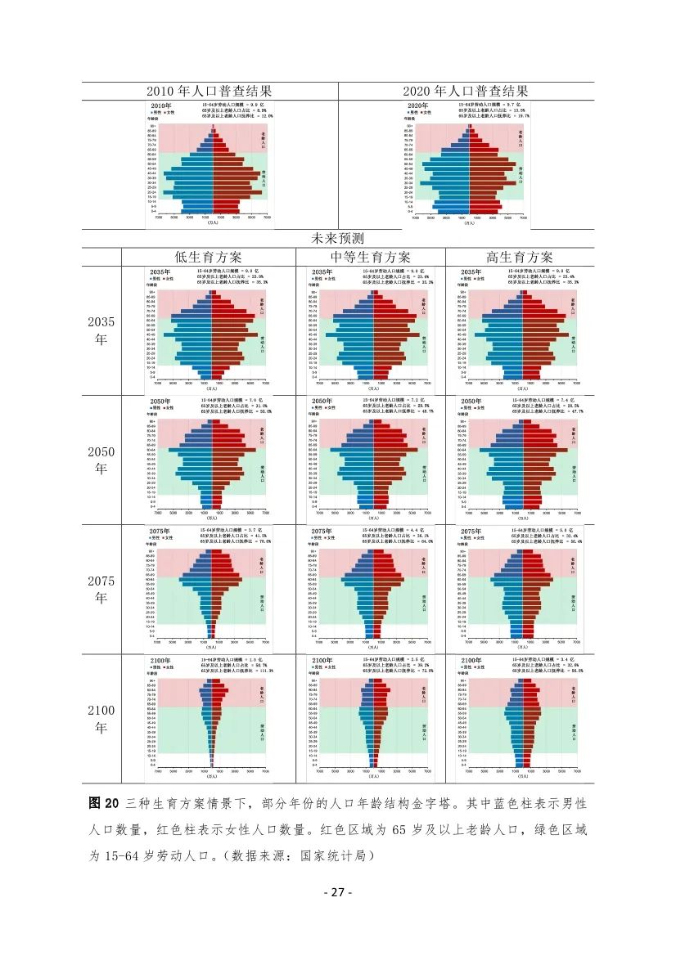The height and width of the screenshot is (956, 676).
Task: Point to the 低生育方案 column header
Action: click(x=214, y=256)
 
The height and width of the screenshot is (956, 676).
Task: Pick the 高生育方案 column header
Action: click(x=519, y=256)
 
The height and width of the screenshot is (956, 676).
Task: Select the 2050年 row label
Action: click(x=101, y=460)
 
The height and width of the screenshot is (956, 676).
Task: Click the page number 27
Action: click(x=337, y=892)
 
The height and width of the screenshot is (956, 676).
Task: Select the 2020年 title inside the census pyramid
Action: click(x=418, y=106)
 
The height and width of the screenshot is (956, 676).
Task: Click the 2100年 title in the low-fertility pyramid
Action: click(x=160, y=660)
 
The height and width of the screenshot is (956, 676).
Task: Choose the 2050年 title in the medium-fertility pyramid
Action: click(x=322, y=402)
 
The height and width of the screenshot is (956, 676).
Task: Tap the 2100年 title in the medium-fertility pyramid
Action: click(x=322, y=660)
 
